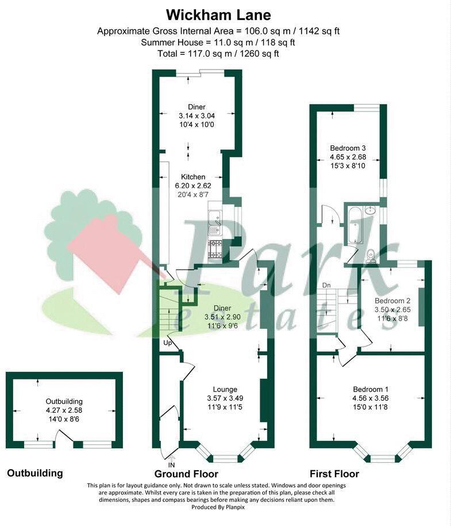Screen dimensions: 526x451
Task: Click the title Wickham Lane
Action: tap(218, 14)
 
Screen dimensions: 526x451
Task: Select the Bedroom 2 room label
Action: tap(392, 301)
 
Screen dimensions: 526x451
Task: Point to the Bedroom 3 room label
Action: tap(348, 148)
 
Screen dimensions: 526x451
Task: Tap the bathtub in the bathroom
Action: tap(354, 225)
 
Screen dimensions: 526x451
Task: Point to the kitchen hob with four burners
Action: tap(217, 247)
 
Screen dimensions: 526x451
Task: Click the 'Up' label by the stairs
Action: tap(168, 343)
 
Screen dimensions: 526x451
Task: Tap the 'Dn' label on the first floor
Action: tap(326, 285)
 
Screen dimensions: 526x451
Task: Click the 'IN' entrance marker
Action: tap(171, 464)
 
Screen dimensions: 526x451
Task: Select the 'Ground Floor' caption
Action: tap(186, 474)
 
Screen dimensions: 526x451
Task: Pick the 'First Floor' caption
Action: tap(334, 474)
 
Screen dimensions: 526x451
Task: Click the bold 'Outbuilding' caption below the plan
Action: tap(34, 474)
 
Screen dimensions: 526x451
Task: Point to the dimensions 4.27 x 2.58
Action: tap(64, 410)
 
